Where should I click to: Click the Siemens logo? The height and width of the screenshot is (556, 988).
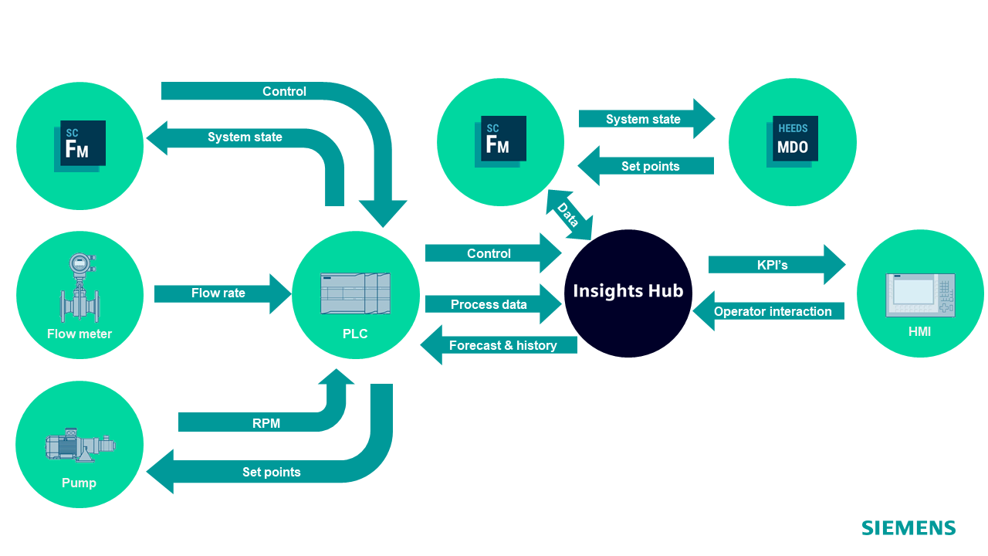[908, 528]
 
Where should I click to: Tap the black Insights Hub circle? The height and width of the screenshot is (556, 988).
[628, 293]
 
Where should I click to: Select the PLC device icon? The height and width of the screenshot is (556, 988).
[355, 293]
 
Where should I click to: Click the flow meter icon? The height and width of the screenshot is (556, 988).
[79, 286]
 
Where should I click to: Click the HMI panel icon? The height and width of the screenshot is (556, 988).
[919, 294]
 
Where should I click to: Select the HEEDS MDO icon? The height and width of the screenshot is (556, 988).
[792, 141]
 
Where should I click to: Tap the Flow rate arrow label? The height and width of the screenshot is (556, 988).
[218, 293]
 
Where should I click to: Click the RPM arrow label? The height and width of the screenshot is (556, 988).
[266, 423]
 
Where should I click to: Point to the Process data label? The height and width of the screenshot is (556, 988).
[489, 305]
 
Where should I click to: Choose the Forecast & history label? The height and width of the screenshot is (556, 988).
[503, 345]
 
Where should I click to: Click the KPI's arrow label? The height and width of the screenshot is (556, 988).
[772, 265]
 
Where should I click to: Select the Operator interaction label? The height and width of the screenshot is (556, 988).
[773, 312]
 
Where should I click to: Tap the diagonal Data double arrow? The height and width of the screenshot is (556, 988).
[568, 215]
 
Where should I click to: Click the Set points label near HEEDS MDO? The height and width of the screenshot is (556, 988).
[650, 166]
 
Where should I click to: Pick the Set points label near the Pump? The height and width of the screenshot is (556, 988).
[271, 472]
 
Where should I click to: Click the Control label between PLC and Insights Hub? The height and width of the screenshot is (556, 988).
[489, 253]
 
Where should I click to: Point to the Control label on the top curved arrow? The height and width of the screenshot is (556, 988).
[284, 91]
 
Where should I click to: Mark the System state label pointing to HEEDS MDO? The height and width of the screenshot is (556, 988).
[643, 119]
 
